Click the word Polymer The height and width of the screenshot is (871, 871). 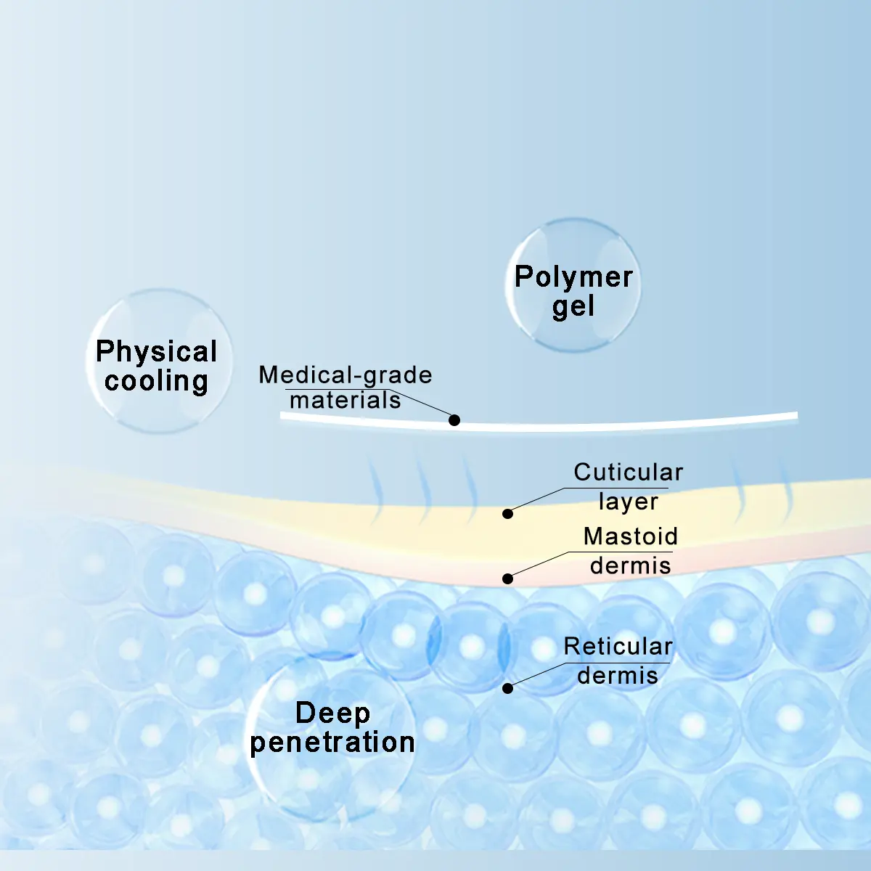click(573, 277)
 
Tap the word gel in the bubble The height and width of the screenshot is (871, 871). click(573, 306)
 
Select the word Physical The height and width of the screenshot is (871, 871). click(156, 351)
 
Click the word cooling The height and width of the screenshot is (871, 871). click(156, 380)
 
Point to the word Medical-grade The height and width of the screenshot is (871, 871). click(345, 375)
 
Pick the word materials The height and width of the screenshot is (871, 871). click(345, 400)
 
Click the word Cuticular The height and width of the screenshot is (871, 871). click(629, 473)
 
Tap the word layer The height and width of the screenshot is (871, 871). click(629, 502)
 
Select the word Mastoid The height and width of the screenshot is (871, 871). click(631, 536)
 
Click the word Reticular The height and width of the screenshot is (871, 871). click(618, 647)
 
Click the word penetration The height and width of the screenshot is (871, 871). click(332, 743)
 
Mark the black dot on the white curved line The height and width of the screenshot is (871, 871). click(454, 420)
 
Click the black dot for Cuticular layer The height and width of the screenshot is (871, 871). click(507, 513)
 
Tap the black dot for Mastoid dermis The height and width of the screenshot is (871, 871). click(507, 578)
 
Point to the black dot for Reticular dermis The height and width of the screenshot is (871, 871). click(507, 688)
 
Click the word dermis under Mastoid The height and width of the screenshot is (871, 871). click(631, 565)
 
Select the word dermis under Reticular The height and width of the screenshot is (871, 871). click(618, 676)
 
